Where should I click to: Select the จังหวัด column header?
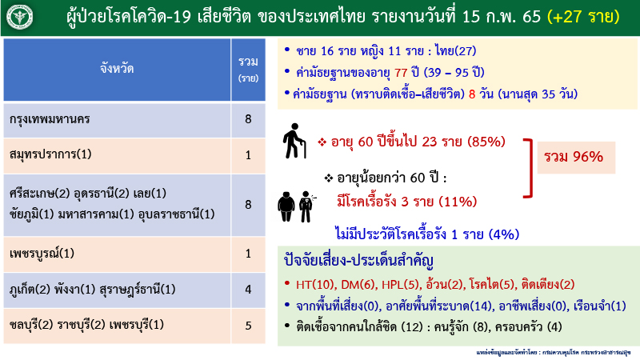click(118, 70)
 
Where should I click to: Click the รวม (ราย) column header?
click(248, 70)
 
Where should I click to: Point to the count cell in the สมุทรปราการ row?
click(248, 154)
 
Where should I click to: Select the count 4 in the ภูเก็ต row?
click(248, 289)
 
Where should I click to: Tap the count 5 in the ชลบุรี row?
click(248, 325)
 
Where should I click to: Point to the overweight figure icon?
click(286, 205)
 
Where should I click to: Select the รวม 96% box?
click(574, 157)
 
